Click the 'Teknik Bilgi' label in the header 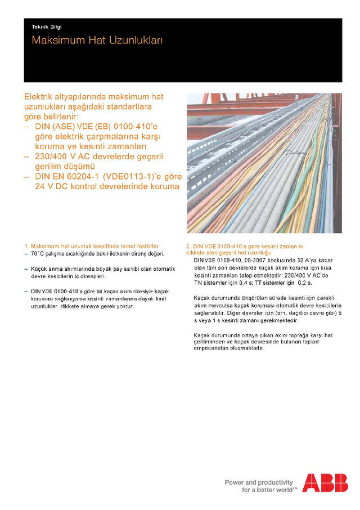(x=46, y=26)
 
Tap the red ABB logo (x=325, y=483)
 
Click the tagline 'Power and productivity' (x=259, y=482)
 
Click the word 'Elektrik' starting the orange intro (x=40, y=97)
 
